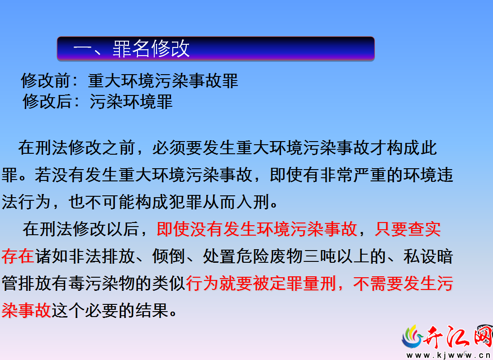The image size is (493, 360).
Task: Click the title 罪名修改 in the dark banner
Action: [151, 49]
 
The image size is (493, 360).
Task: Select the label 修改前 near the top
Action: [46, 81]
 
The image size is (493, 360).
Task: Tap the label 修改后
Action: [47, 102]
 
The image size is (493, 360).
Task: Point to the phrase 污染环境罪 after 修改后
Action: [131, 102]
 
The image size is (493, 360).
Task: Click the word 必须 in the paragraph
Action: [169, 148]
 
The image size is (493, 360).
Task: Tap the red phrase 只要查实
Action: [408, 229]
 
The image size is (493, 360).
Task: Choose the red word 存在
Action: [18, 256]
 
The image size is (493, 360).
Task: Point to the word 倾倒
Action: [169, 256]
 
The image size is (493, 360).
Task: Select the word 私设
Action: [420, 256]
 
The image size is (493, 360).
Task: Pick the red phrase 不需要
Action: [378, 283]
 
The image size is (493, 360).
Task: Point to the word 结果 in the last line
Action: [152, 311]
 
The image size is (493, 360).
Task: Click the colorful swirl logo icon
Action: [412, 337]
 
